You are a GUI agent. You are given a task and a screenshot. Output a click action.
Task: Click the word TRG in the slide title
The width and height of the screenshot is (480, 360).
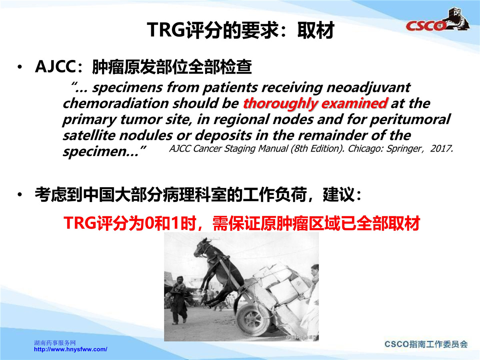(x=166, y=30)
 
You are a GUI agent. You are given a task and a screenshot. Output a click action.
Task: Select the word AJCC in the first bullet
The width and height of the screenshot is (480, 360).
(x=55, y=66)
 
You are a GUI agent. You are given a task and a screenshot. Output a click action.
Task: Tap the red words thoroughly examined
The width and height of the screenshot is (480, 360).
(x=315, y=103)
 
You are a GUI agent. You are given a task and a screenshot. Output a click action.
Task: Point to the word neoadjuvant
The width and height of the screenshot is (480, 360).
(x=368, y=88)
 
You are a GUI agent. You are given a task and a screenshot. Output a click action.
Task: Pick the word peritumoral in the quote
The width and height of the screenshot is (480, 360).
(x=410, y=120)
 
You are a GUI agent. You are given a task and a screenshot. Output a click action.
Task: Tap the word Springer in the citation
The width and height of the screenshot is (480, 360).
(x=404, y=149)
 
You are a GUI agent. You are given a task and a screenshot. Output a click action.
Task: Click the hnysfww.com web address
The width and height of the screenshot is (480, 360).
(x=71, y=349)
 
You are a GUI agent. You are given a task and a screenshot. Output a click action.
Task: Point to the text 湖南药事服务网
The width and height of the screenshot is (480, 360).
(x=55, y=342)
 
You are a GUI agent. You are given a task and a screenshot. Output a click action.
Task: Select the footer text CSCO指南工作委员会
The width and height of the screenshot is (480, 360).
(x=426, y=344)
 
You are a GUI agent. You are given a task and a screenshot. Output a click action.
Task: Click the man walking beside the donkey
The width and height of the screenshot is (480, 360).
(x=178, y=300)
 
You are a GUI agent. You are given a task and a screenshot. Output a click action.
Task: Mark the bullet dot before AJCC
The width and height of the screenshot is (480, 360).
(x=20, y=67)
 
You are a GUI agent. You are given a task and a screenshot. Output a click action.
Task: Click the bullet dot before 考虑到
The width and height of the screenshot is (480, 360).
(x=20, y=194)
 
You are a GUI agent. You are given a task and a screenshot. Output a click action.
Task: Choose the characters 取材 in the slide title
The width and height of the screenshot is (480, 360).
(x=316, y=30)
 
